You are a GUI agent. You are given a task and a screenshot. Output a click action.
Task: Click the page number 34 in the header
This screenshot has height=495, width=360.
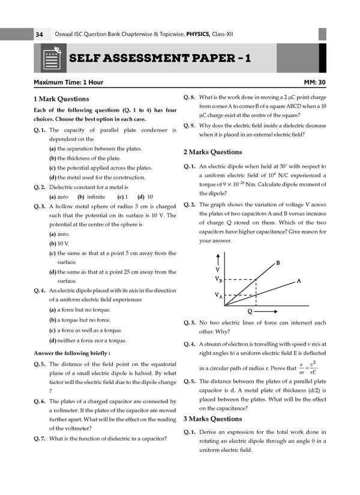[39, 35]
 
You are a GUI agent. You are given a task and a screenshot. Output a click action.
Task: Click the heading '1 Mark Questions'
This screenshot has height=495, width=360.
[61, 99]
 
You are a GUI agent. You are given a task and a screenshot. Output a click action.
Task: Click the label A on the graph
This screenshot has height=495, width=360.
[298, 281]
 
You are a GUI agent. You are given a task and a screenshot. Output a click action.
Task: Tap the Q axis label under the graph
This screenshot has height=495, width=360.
[250, 311]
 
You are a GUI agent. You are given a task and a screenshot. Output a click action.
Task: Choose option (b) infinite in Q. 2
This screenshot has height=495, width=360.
[91, 197]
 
